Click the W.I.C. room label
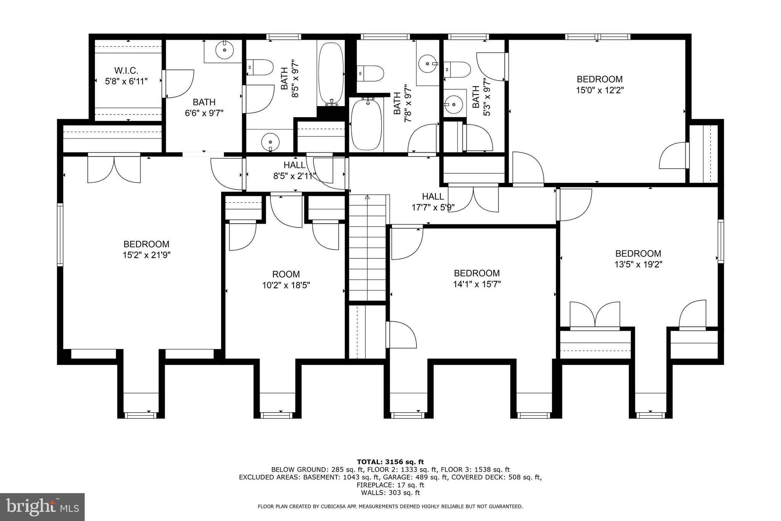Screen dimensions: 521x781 (126, 71)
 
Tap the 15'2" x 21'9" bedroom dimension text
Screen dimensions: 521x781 (146, 255)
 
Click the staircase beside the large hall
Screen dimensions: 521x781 (368, 248)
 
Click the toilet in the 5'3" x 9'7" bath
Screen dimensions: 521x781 (458, 69)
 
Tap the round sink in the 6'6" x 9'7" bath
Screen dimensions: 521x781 (224, 50)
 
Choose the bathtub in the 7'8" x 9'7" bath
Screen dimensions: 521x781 (366, 124)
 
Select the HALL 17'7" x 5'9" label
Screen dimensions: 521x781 (433, 202)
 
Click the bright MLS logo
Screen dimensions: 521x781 (42, 506)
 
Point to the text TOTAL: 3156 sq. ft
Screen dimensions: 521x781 (390, 462)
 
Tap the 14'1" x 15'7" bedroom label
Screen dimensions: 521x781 (477, 279)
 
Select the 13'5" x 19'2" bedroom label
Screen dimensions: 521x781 (638, 259)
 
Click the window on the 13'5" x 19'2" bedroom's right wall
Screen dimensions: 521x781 (720, 241)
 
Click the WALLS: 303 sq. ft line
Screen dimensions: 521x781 (390, 493)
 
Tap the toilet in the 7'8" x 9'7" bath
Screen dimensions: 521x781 (370, 73)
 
